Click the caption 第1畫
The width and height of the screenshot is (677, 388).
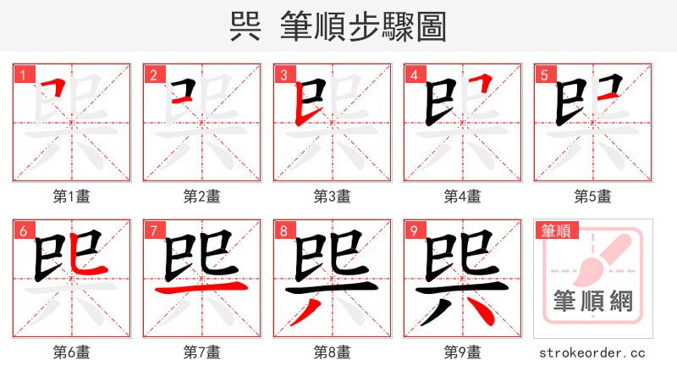coord(71,197)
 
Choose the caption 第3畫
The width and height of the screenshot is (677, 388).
coord(332,197)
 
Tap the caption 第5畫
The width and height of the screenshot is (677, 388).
coord(592,197)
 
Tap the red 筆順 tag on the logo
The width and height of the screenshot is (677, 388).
coord(555,230)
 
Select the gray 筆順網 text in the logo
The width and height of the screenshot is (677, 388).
coord(592,301)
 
